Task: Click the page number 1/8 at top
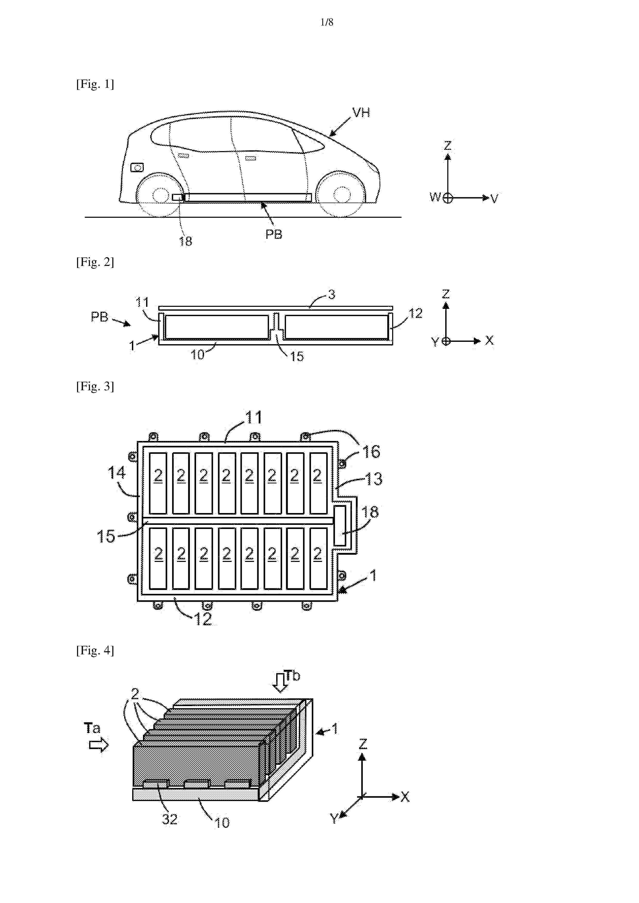click(x=327, y=22)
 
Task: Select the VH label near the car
click(x=361, y=113)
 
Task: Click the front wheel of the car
click(x=341, y=194)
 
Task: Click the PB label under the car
click(x=274, y=235)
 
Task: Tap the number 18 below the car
click(x=186, y=241)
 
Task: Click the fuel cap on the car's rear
click(x=137, y=168)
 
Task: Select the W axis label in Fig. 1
click(x=435, y=197)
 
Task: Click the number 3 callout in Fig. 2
click(x=332, y=294)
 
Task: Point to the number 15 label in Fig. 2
click(x=297, y=356)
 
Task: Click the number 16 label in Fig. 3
click(x=371, y=452)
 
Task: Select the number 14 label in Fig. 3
click(x=116, y=473)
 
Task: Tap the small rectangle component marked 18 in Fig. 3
click(x=340, y=525)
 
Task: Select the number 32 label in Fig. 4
click(x=170, y=819)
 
